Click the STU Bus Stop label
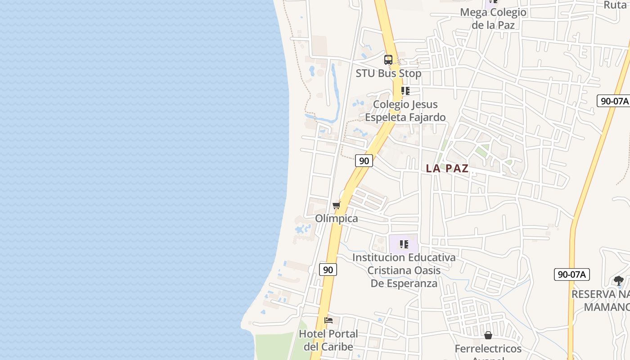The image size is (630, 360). click(x=388, y=73)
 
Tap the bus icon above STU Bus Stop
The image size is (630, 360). click(x=388, y=59)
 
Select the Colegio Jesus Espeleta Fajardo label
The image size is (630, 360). click(x=405, y=111)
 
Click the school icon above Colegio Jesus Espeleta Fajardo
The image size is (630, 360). click(x=405, y=91)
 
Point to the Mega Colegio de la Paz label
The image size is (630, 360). click(x=493, y=18)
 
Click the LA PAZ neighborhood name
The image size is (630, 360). click(x=447, y=169)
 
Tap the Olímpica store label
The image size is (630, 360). click(x=337, y=219)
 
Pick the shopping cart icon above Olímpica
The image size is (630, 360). click(x=336, y=206)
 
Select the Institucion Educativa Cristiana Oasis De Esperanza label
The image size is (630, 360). click(x=404, y=270)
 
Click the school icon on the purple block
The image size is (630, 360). click(x=404, y=244)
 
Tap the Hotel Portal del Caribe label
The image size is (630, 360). click(x=328, y=340)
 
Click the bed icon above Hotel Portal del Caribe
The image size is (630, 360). click(x=328, y=320)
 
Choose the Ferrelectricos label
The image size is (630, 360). click(x=488, y=349)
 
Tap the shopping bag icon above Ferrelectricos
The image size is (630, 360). click(x=488, y=335)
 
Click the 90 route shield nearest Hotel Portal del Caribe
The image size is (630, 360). click(x=328, y=270)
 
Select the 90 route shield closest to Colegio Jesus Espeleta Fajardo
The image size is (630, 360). click(x=364, y=161)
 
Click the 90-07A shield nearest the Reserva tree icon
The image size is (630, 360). click(x=571, y=274)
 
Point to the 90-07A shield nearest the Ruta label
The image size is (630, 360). click(x=613, y=101)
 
